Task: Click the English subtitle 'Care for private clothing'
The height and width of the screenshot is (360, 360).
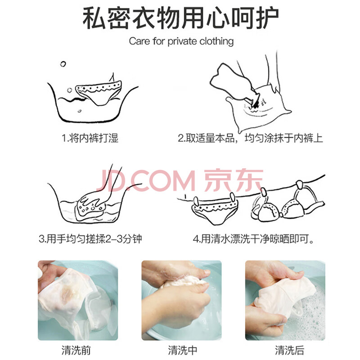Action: (181, 41)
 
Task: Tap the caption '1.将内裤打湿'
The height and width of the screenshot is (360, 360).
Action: (90, 138)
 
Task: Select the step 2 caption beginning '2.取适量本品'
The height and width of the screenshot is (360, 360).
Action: (250, 138)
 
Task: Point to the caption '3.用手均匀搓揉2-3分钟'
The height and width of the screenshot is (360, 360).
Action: (90, 239)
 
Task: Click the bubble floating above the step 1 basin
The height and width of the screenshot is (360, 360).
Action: (63, 64)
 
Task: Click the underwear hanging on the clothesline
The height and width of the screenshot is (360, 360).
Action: (215, 210)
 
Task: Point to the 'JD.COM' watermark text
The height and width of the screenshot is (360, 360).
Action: (146, 180)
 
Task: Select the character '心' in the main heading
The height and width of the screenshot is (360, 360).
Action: (218, 18)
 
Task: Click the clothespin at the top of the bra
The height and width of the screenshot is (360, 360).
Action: (299, 185)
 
